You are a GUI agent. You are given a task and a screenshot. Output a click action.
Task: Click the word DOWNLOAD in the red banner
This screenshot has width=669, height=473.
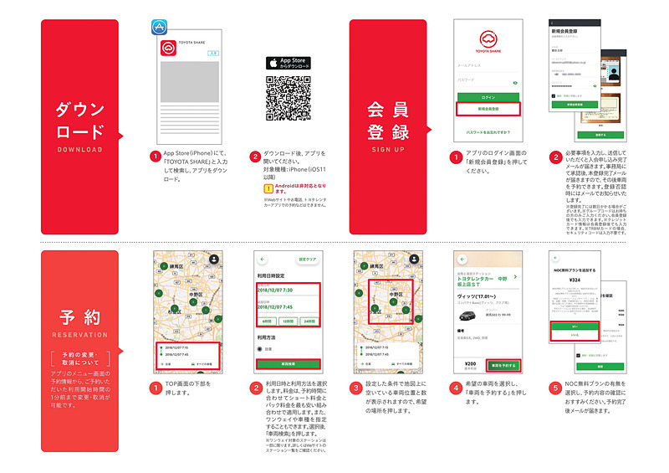pos(80,150)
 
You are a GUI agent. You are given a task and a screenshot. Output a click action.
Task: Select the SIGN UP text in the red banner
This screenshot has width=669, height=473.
pos(387,150)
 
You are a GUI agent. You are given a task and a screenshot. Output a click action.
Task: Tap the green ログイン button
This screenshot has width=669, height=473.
pos(488,98)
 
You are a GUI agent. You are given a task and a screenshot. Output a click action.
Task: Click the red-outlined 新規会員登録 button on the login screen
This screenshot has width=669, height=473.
pos(488,110)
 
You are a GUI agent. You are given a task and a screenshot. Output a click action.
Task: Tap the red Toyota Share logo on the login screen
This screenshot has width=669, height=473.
pos(488,39)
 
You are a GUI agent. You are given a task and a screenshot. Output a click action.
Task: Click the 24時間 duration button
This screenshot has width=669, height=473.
pos(309,321)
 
